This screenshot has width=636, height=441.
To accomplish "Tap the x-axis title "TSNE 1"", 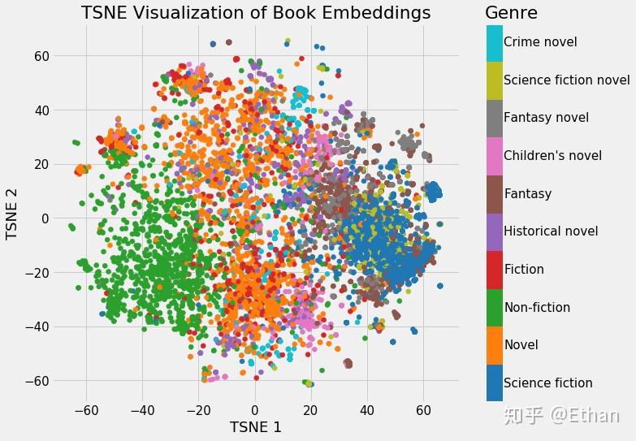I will [256, 426].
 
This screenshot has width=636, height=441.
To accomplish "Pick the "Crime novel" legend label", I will [540, 41].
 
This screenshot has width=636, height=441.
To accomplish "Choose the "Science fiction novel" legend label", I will [566, 80].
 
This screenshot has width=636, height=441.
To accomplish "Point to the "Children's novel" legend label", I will [552, 155].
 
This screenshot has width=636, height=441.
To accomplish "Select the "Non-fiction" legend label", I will [537, 307].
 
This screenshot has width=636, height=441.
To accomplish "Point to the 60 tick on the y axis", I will [42, 56].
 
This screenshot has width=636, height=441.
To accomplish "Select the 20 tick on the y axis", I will [42, 164].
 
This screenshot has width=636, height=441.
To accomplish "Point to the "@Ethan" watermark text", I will [580, 415].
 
